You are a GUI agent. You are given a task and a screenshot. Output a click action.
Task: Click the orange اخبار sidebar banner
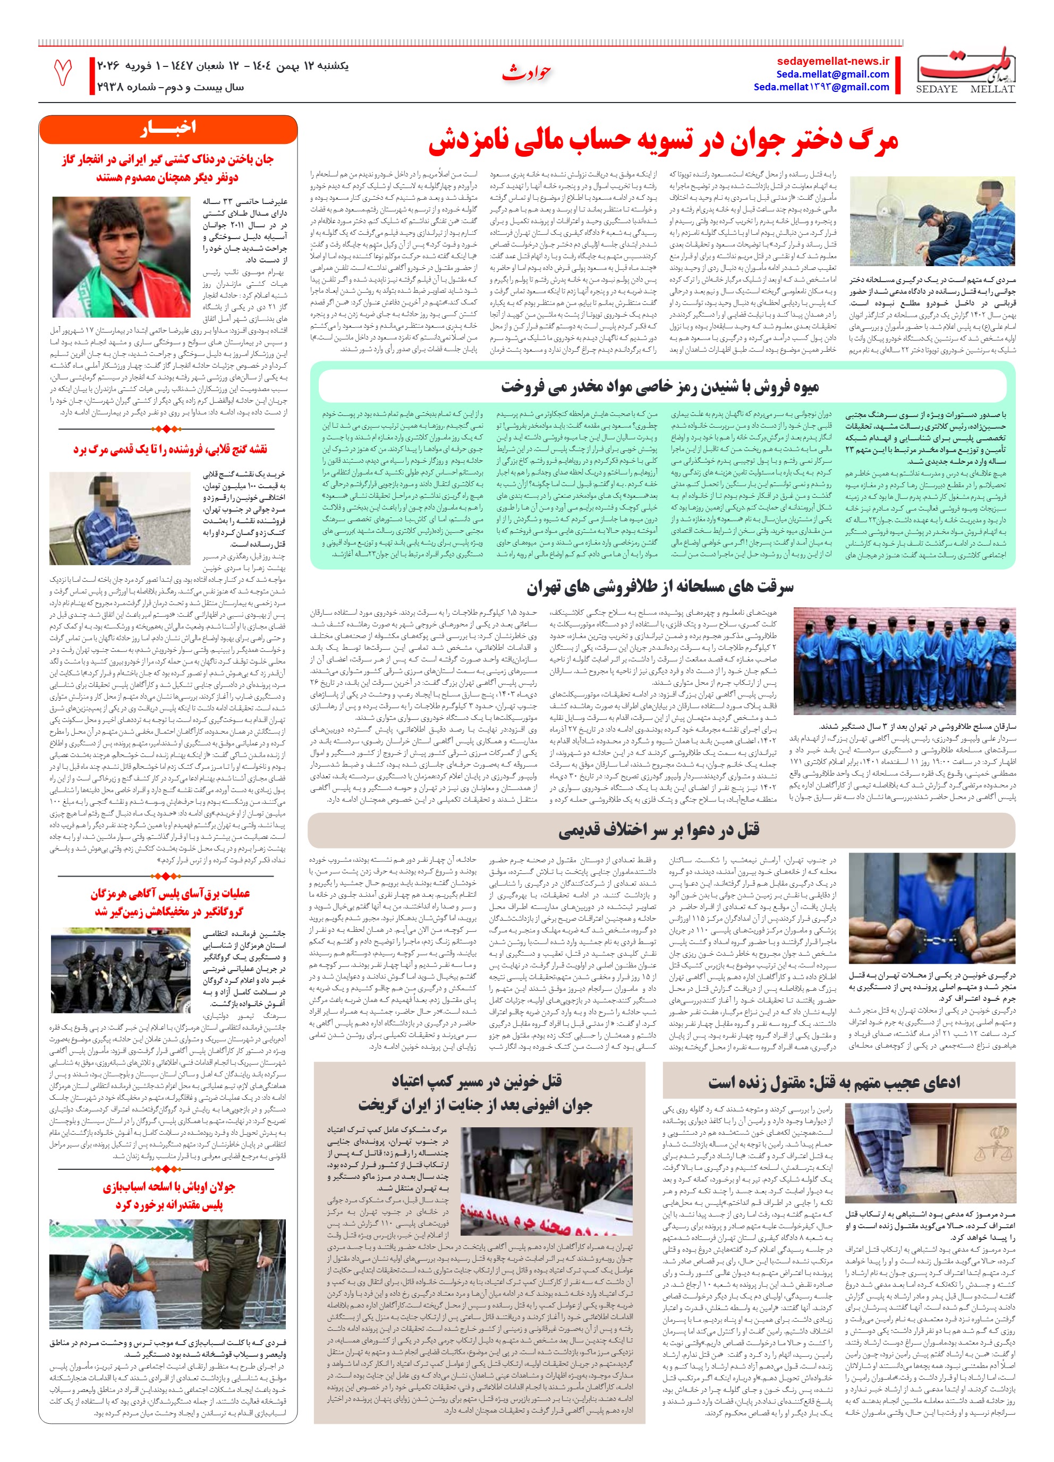(167, 128)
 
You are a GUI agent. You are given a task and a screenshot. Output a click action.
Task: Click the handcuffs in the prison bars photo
(935, 939)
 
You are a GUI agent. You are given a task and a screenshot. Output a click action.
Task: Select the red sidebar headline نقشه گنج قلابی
(169, 449)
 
